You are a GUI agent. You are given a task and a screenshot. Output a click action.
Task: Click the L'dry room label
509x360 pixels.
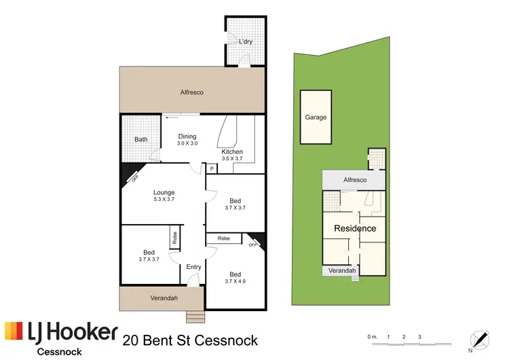click(x=245, y=42)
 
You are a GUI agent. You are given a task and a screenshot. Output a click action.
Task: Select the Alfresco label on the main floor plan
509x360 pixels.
click(x=192, y=92)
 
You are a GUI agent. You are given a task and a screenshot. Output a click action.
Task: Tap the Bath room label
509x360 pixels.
click(x=140, y=139)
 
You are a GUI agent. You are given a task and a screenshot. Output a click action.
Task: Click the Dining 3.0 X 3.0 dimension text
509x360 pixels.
click(x=187, y=143)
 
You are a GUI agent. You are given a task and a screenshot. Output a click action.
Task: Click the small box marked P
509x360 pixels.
click(x=212, y=168)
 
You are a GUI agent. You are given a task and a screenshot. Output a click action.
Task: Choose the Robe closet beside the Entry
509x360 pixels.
click(x=174, y=236)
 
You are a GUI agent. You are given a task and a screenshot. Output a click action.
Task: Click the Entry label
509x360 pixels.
click(x=194, y=267)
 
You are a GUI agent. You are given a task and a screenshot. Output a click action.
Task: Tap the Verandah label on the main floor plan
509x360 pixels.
click(x=164, y=298)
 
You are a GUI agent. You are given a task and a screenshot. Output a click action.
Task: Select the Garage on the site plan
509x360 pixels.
click(x=316, y=117)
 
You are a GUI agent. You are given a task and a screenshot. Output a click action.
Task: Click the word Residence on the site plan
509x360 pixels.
click(x=355, y=229)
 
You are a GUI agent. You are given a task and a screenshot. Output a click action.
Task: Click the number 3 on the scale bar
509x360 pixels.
click(x=420, y=337)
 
